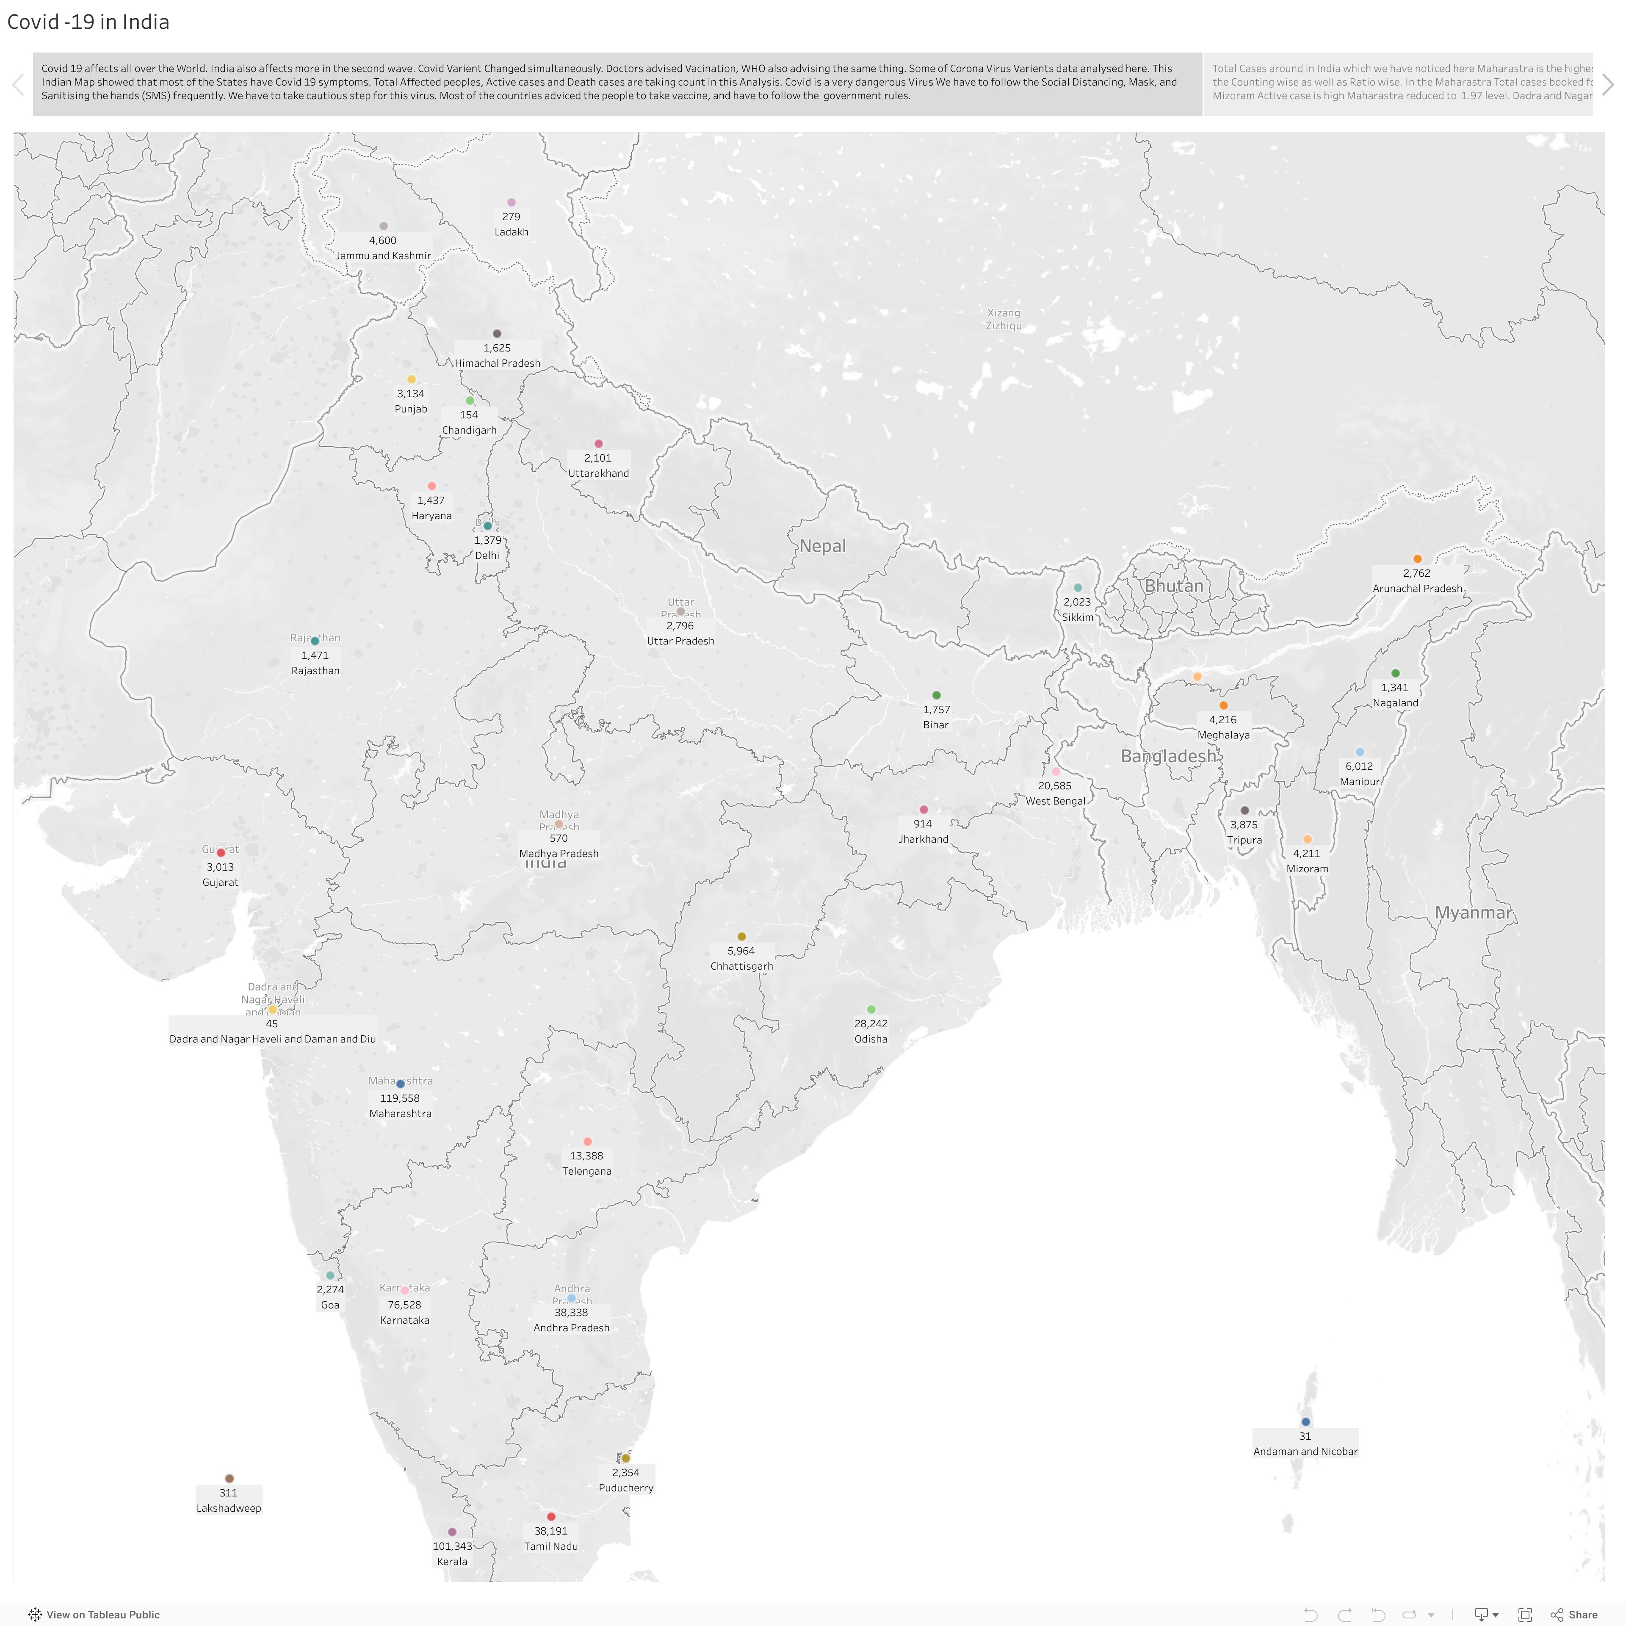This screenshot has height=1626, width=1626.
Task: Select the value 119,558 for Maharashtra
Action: tap(400, 1098)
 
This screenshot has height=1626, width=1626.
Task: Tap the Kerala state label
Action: tap(452, 1561)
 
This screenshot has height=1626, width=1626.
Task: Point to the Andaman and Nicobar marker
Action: tap(1305, 1421)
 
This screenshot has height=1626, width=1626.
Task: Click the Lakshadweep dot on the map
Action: tap(229, 1479)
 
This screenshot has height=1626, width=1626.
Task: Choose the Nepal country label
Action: tap(822, 546)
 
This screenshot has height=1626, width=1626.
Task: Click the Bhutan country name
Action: tap(1173, 586)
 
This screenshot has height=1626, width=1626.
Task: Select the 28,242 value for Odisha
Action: tap(871, 1023)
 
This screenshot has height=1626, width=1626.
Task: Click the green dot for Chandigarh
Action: tap(470, 401)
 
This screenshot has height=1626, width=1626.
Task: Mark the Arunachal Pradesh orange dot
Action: tap(1417, 559)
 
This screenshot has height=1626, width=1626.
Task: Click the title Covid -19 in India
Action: tap(88, 22)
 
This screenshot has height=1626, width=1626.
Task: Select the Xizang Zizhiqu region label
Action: tap(1003, 319)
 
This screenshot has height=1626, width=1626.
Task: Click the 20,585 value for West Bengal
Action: tap(1054, 786)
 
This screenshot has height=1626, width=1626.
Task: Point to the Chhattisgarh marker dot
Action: tap(741, 937)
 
